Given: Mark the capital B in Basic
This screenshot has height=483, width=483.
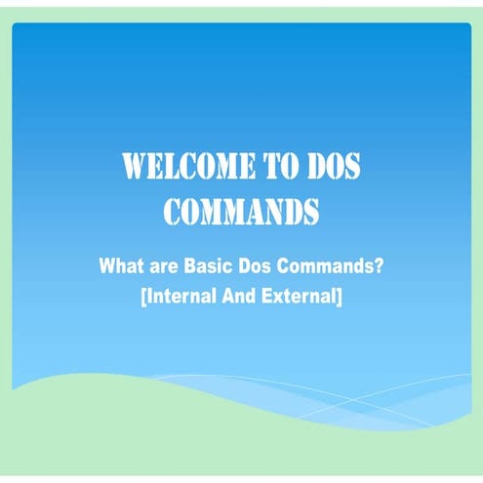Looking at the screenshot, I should coord(188,265).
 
